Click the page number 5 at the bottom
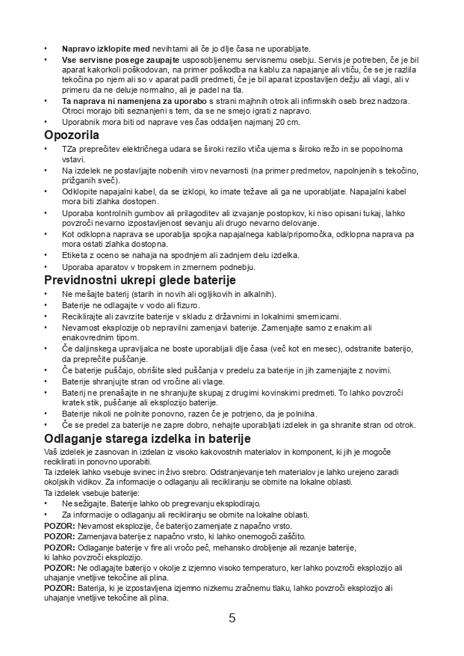pyautogui.click(x=232, y=618)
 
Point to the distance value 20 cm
pyautogui.click(x=288, y=122)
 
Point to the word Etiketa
pyautogui.click(x=76, y=255)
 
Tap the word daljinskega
pyautogui.click(x=100, y=349)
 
